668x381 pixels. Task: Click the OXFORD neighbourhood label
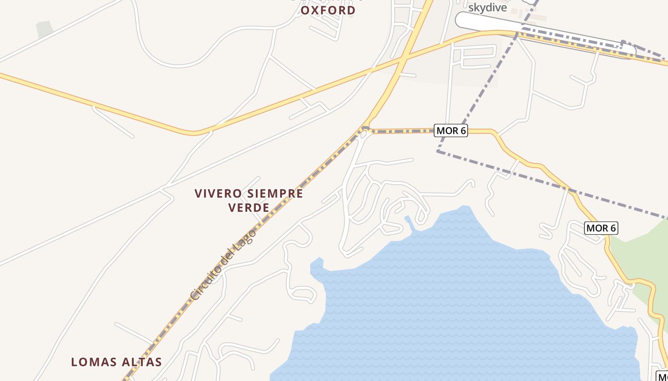click(328, 10)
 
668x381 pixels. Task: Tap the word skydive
click(487, 8)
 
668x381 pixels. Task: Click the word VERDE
click(249, 208)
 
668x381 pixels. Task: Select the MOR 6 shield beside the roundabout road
click(450, 130)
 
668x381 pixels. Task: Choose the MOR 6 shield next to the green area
click(601, 228)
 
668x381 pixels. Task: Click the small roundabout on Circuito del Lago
click(365, 129)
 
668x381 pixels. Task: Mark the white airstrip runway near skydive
click(544, 34)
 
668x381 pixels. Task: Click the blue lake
click(453, 305)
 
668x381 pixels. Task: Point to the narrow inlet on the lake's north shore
click(409, 222)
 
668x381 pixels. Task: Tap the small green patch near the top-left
click(44, 29)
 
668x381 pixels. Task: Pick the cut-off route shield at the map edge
click(662, 376)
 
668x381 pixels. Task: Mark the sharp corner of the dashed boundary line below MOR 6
click(438, 151)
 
